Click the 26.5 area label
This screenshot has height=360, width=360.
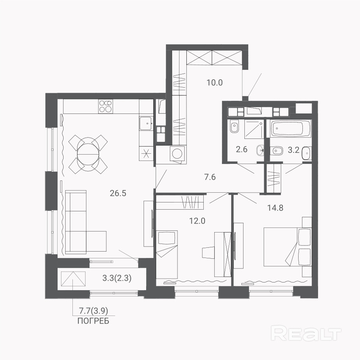click(118, 193)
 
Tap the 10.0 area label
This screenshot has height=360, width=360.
click(215, 83)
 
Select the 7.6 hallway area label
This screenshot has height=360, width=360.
click(210, 177)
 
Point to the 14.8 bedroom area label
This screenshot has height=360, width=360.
click(275, 208)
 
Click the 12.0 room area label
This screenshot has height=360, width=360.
click(197, 221)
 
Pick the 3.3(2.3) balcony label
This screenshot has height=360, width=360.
click(117, 278)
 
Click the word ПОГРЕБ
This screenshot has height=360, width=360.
click(93, 321)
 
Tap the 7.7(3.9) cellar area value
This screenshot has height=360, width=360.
click(94, 311)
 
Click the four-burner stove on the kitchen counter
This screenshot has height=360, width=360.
click(105, 106)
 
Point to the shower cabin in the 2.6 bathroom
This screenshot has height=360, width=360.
click(254, 129)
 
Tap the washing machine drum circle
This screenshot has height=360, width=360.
click(177, 153)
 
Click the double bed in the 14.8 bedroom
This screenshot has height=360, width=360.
click(288, 247)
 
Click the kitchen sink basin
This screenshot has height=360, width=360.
click(146, 123)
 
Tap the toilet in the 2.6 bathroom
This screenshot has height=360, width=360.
click(234, 127)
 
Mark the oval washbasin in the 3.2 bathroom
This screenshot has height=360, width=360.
click(306, 153)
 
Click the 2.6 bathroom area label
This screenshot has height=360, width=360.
click(242, 150)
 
